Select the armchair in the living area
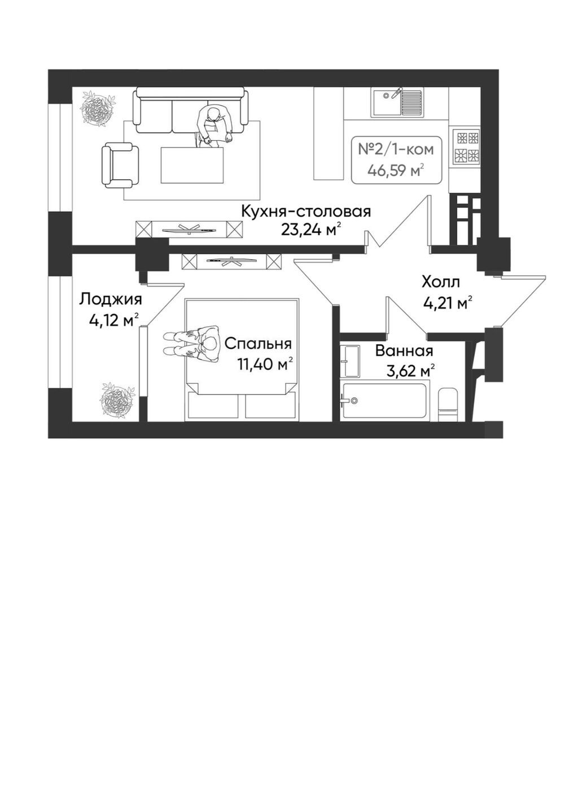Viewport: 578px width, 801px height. [x=120, y=165]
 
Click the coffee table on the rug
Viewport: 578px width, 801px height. [x=192, y=165]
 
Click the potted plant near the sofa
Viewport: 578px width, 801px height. [x=98, y=108]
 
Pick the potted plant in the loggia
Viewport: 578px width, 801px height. [x=118, y=400]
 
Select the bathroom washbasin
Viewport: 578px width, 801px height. [x=350, y=361]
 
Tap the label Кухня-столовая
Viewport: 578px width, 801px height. [x=306, y=211]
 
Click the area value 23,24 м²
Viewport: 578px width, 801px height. [x=308, y=230]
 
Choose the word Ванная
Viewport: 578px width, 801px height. [x=404, y=351]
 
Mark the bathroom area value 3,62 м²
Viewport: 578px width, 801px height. [x=411, y=371]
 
